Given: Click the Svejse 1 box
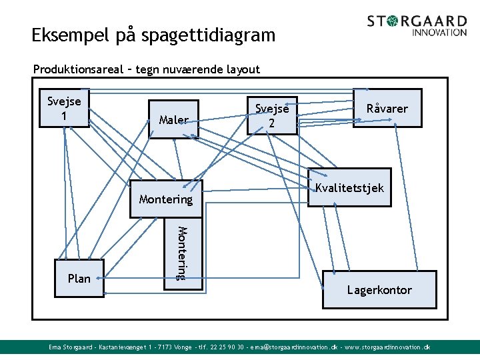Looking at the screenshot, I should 64,107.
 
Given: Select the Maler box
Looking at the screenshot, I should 173,119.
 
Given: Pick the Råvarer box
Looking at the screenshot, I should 387,108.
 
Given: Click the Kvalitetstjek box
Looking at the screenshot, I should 349,187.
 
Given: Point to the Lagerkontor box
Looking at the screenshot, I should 379,289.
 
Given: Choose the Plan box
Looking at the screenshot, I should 79,278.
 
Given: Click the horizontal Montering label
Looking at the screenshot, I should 165,199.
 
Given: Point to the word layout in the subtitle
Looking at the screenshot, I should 242,69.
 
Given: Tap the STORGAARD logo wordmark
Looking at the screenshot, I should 417,21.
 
